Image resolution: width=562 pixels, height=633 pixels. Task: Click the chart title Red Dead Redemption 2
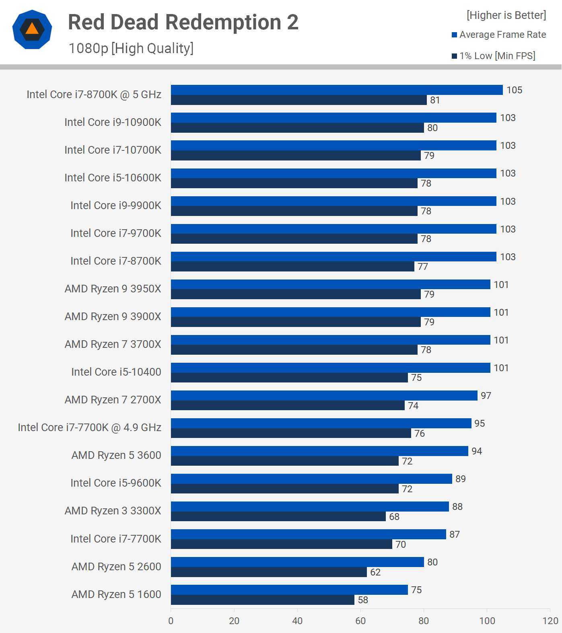point(183,22)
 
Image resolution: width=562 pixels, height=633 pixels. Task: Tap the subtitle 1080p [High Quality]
point(131,48)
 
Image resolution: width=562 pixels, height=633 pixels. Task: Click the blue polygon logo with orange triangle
point(32,29)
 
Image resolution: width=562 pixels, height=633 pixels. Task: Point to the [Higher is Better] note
point(506,15)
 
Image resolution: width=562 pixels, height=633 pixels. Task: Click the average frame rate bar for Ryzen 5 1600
point(289,590)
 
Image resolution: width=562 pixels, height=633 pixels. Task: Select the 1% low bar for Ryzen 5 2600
point(269,572)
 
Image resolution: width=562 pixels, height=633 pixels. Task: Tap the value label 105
point(514,90)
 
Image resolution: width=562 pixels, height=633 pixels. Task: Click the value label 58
point(363,600)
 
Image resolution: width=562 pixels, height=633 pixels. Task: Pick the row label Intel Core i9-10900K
point(113,122)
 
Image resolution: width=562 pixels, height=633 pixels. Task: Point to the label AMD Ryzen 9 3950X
point(113,289)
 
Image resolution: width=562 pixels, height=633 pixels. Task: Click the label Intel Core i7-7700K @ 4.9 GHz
point(89,427)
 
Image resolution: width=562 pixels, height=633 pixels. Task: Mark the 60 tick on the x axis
point(360,621)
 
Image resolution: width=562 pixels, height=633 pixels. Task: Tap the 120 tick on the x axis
point(550,621)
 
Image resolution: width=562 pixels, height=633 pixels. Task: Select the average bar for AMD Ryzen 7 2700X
point(324,395)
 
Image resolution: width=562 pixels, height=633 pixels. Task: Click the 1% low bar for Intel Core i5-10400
point(289,378)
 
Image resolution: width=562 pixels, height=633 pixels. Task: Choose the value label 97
point(486,396)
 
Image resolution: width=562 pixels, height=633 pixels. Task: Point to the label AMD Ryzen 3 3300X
point(113,511)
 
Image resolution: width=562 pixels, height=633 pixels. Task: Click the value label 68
point(394,517)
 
